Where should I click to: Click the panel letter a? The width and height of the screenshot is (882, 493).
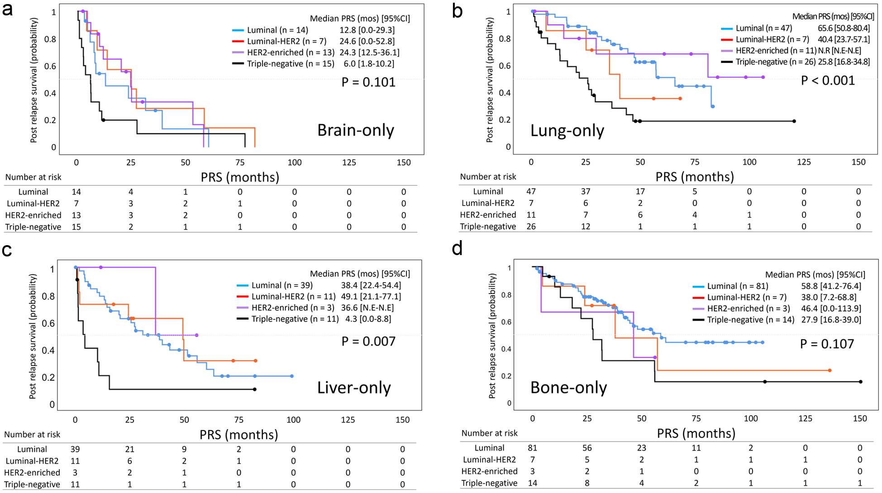point(8,10)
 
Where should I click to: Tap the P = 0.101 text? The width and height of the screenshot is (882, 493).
point(368,82)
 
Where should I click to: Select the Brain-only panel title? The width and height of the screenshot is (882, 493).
point(356,130)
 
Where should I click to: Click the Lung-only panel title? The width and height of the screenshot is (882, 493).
point(567,131)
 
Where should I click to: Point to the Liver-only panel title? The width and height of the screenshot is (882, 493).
point(354,388)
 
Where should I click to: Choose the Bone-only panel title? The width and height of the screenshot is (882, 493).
point(568,388)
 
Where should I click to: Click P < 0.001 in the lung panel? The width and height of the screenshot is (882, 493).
point(828,81)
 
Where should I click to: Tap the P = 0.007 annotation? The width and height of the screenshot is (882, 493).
point(368,341)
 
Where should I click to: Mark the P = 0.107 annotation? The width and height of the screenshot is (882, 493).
point(827,344)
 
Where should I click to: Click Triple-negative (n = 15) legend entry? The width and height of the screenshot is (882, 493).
point(290,64)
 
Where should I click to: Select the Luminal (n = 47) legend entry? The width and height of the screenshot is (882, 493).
point(763,28)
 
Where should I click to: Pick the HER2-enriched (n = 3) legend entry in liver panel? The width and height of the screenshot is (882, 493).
point(292,308)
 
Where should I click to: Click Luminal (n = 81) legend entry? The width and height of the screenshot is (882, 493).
point(737,286)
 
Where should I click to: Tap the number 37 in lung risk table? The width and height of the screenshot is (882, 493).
point(586,191)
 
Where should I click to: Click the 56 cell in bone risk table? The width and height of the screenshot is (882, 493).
point(587,448)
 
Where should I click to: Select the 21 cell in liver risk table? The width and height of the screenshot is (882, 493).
point(130,449)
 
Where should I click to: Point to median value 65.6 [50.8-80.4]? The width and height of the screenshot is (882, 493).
point(844,28)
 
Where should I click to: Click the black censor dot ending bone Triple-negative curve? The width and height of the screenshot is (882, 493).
point(860,382)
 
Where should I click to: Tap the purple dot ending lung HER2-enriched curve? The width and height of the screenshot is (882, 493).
point(763,77)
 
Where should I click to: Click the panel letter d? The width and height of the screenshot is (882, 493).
point(458,249)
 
